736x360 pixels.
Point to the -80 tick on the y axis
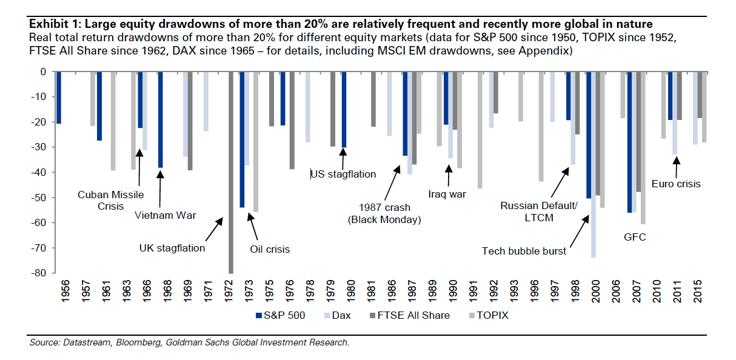[x=38, y=273]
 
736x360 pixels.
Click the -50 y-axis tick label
[x=38, y=198]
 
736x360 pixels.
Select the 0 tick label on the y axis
[x=42, y=72]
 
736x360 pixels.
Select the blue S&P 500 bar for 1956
[x=59, y=98]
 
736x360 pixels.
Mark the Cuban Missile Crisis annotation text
[x=110, y=200]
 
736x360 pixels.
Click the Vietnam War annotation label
[x=165, y=215]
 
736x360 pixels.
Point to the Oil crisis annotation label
[x=270, y=249]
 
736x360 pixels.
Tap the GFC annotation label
[x=635, y=237]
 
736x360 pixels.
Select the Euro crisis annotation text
[x=675, y=184]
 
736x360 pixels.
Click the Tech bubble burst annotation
[x=524, y=251]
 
